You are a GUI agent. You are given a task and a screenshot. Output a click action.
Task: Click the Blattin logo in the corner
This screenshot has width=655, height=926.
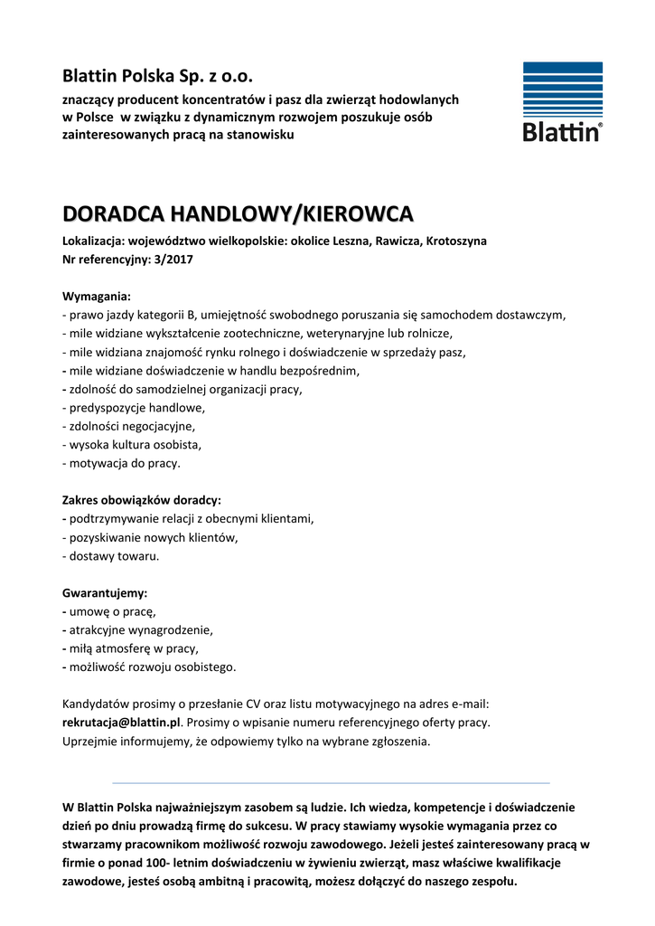click(x=562, y=101)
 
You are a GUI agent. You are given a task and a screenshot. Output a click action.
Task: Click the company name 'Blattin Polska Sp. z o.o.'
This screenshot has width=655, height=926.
click(x=158, y=74)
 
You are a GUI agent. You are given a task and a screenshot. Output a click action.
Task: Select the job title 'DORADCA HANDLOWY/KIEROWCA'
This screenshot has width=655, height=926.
click(x=238, y=214)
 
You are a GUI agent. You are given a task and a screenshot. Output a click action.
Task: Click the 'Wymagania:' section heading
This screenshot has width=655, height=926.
click(x=96, y=297)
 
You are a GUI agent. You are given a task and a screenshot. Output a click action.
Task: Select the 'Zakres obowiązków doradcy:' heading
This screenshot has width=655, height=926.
click(x=141, y=500)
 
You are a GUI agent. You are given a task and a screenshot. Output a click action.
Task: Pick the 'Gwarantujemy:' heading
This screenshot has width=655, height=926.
click(x=104, y=593)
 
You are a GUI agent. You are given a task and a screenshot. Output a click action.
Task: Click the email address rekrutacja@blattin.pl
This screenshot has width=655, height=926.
click(x=122, y=723)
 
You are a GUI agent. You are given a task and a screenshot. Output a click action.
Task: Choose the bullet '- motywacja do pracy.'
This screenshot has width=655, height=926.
click(x=121, y=463)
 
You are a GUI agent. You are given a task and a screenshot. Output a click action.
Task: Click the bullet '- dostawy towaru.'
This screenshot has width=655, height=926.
click(x=110, y=556)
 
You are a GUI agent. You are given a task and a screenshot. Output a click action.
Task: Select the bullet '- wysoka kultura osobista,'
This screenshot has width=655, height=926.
click(x=132, y=445)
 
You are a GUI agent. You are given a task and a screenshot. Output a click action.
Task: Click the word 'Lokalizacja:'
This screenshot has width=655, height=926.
click(x=93, y=241)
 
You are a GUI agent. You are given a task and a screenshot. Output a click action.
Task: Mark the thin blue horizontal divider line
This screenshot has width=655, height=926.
click(x=331, y=782)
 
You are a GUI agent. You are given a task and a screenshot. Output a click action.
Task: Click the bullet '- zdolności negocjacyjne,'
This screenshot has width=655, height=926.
click(x=128, y=426)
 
